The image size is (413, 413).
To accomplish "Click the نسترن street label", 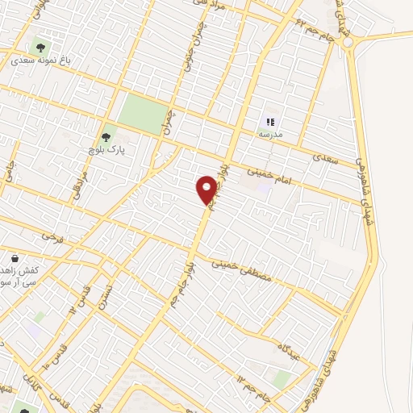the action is click(106, 298).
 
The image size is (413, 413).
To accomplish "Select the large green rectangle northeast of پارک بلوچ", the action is click(144, 114).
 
